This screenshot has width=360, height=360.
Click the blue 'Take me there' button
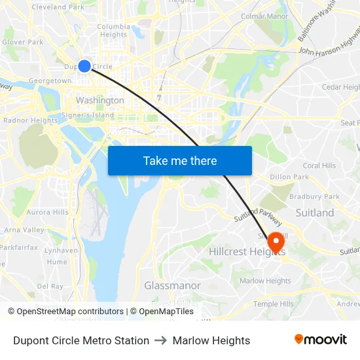180,160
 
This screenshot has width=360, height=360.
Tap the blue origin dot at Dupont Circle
84,65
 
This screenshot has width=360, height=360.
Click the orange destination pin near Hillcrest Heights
276,242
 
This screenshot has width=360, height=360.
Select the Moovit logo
321,340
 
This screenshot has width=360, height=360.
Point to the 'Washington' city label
99,100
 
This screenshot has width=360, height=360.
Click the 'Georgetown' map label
50,81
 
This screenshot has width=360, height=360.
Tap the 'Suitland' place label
315,213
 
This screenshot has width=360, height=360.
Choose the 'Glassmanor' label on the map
172,286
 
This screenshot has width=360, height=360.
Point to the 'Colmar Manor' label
264,16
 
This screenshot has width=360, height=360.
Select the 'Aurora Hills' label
47,212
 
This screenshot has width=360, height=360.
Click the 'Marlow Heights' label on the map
265,281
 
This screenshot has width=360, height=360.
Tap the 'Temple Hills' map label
274,304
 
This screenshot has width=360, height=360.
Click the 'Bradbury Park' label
314,196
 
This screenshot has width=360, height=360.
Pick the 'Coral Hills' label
319,166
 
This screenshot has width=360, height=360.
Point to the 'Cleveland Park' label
58,7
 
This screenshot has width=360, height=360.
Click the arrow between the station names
161,340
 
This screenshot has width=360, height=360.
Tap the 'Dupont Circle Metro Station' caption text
81,340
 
